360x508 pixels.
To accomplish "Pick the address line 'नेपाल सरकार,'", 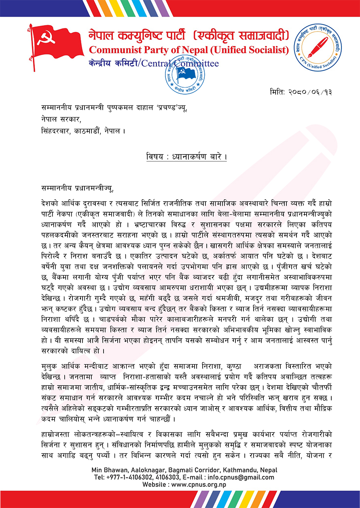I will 61,120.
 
